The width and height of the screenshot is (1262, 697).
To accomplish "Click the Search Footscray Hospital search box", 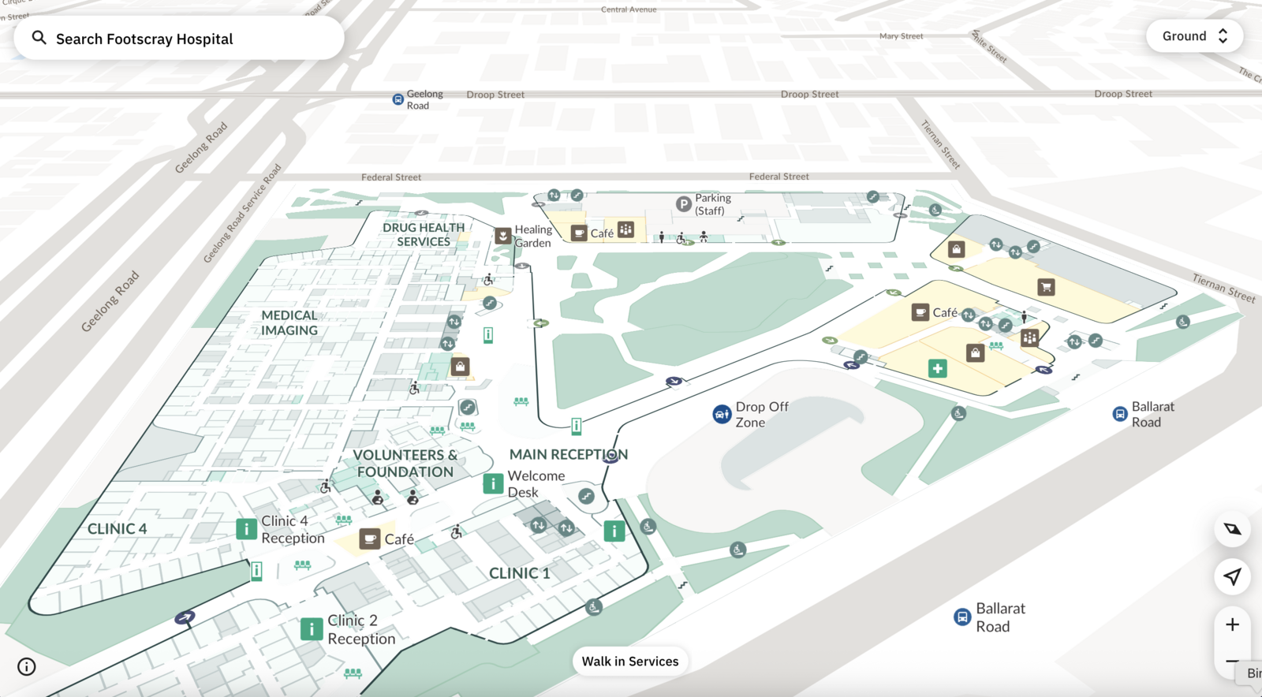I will click(x=178, y=39).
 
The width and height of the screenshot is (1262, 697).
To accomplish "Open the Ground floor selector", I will click(x=1194, y=36).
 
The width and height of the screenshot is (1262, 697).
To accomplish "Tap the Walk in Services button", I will click(x=630, y=662).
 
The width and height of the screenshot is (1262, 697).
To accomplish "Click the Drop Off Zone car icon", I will click(x=722, y=414).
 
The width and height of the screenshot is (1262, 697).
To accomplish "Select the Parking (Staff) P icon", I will click(x=684, y=204).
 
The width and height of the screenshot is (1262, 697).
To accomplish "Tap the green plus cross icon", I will click(x=937, y=368).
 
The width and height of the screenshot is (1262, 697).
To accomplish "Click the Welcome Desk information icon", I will click(x=493, y=483).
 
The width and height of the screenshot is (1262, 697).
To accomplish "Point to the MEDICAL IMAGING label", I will click(x=289, y=322).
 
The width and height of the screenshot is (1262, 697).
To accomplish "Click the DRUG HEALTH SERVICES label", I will click(x=424, y=234).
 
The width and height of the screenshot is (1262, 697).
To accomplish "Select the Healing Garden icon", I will click(x=503, y=236).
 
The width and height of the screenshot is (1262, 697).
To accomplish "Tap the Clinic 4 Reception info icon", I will click(x=246, y=528).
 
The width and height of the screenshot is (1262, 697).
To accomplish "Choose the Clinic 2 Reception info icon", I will click(x=312, y=628).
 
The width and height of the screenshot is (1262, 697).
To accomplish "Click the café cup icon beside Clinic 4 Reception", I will click(x=369, y=539).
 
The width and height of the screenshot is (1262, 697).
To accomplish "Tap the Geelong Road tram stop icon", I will click(x=398, y=99).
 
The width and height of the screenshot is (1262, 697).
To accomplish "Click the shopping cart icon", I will click(x=1046, y=287).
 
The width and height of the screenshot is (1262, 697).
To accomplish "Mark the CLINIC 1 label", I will click(x=519, y=573).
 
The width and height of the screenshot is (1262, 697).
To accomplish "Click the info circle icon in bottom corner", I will click(x=27, y=667).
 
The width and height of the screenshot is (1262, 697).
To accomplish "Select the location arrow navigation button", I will click(x=1232, y=576).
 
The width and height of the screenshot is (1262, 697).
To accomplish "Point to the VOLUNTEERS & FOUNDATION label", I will click(x=405, y=464).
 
